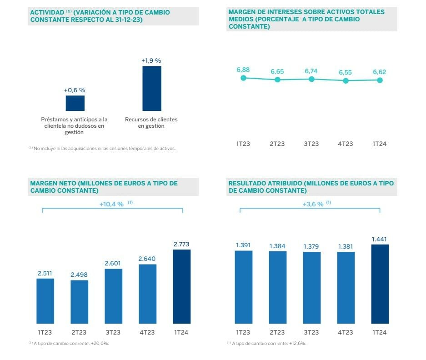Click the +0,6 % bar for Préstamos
coord(75,103)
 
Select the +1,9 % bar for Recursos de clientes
coord(151,88)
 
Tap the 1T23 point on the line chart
coord(243,78)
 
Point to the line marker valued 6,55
coord(346,80)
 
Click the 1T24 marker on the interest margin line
coord(380,80)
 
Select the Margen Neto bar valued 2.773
coord(181,286)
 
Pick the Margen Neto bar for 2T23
coord(80,302)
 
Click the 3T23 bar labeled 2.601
coord(114,296)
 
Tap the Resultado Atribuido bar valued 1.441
coord(380,284)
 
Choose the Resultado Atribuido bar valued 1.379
coord(311,288)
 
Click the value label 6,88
coord(243,70)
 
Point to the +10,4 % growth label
coord(111,204)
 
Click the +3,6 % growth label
coord(313,204)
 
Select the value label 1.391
coord(243,245)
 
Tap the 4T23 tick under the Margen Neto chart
coord(148,333)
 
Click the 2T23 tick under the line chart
coord(277,144)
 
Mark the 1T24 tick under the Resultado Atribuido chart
coord(380,333)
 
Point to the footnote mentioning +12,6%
coord(269,343)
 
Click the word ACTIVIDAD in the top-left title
coord(46,12)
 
